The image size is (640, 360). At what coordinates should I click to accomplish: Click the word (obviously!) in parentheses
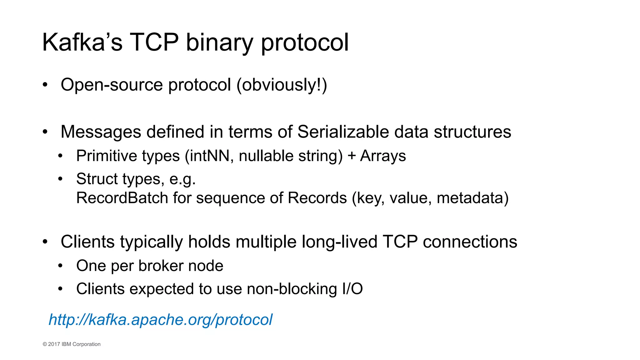point(282,85)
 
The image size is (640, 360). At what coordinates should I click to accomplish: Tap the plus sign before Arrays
point(352,156)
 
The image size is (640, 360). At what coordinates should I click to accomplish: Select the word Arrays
point(383,156)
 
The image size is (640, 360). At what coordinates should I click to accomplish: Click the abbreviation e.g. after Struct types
point(182,179)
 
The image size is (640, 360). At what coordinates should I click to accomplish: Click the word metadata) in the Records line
point(472,198)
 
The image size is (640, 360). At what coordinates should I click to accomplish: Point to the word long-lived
point(339,242)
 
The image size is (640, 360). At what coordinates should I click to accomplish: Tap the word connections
point(470,242)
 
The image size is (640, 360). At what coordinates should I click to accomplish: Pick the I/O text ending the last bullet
point(352,289)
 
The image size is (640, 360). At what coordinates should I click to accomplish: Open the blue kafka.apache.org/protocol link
point(160,319)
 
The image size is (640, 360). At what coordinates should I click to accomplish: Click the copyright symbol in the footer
point(45,344)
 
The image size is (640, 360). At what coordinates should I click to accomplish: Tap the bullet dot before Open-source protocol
point(45,85)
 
